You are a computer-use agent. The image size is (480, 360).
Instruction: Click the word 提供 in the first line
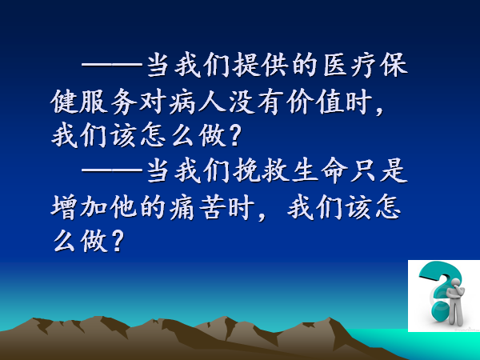point(260,66)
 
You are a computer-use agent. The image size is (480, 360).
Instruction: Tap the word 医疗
point(350,66)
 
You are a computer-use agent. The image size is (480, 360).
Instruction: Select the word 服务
point(94,102)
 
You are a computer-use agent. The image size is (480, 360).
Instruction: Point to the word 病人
point(198,102)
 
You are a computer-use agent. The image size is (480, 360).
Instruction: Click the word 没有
point(257,102)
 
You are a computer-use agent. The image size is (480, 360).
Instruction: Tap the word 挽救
point(261,170)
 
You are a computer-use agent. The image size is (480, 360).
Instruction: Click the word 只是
point(379,170)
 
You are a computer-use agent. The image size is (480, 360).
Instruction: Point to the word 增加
point(78,207)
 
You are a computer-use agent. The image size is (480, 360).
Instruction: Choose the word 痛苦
point(197,207)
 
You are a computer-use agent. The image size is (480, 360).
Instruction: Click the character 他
point(123,207)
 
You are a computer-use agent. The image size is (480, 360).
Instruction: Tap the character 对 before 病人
point(153,102)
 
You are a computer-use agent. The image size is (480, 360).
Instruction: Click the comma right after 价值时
point(380,110)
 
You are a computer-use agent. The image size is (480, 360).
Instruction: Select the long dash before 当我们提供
point(112,65)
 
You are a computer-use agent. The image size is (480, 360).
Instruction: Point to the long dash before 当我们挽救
point(112,170)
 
